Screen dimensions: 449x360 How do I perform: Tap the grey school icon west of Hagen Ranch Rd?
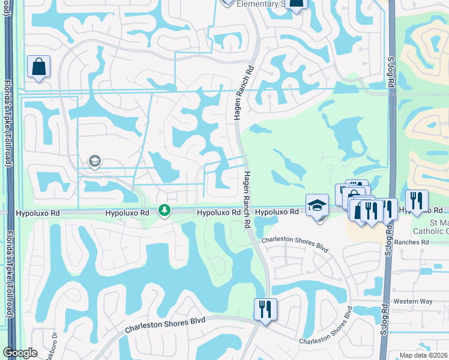(94, 161)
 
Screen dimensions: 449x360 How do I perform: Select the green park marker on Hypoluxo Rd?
(164, 211)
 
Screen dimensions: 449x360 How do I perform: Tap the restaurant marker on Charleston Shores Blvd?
(265, 310)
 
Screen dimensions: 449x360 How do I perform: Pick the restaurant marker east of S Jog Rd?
(416, 201)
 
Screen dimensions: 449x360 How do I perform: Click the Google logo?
(20, 353)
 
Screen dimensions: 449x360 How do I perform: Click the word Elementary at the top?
(258, 4)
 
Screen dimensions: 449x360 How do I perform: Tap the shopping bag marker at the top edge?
(296, 3)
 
